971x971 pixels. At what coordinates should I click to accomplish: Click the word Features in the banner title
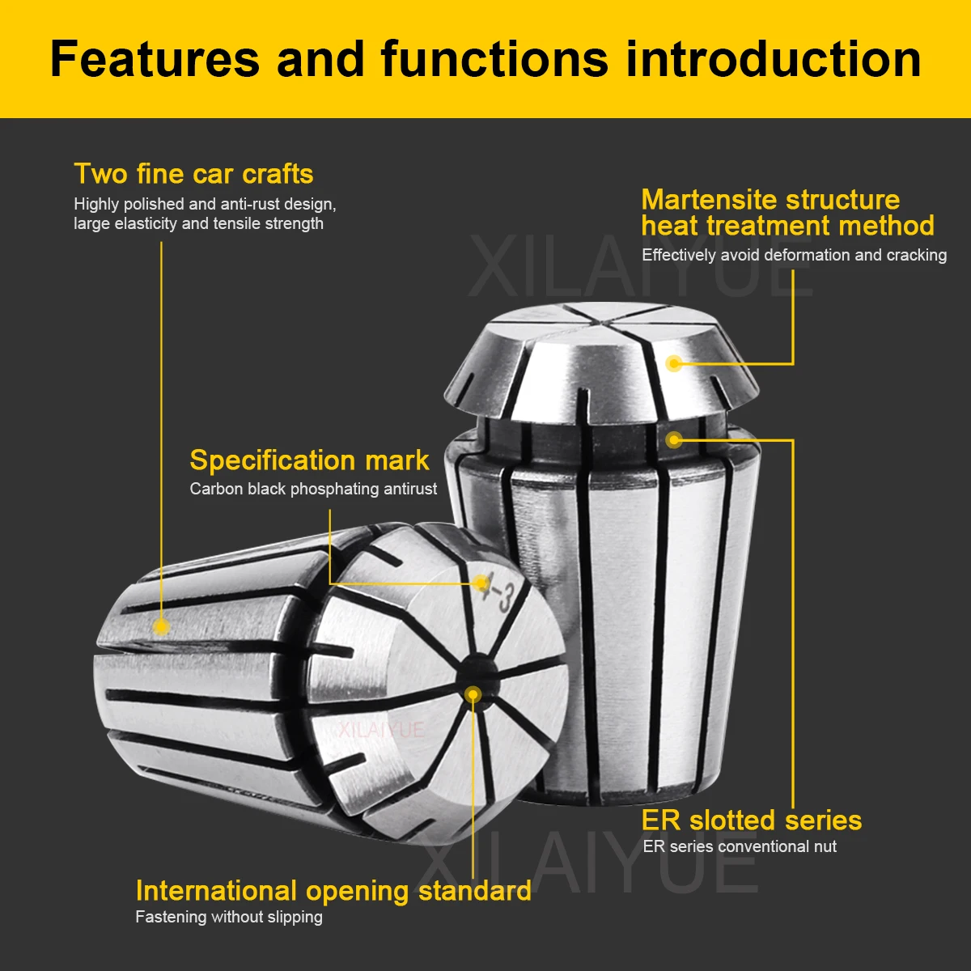click(x=154, y=59)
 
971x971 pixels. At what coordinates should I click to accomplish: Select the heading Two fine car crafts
click(x=193, y=174)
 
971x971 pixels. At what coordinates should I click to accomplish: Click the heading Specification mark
click(x=309, y=460)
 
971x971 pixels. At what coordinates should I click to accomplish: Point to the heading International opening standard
click(x=333, y=891)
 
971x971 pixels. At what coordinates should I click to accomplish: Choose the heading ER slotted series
click(x=751, y=820)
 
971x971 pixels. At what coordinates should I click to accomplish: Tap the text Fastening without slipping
click(x=229, y=918)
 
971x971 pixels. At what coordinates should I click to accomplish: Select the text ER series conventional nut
click(x=740, y=847)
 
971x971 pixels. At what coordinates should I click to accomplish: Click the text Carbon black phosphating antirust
click(x=313, y=489)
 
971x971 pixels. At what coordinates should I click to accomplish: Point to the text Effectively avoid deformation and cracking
click(x=794, y=255)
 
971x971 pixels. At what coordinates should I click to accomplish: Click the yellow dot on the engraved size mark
click(x=482, y=583)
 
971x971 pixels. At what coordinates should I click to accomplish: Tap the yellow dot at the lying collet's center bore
click(x=473, y=694)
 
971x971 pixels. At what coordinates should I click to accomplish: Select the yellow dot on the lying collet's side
click(x=161, y=625)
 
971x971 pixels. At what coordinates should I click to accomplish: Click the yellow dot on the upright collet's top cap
click(x=674, y=363)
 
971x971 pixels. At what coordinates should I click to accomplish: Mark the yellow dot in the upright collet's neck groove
click(x=674, y=439)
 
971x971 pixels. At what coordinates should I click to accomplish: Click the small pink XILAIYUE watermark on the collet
click(x=381, y=730)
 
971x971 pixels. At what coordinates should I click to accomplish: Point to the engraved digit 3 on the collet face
click(x=505, y=600)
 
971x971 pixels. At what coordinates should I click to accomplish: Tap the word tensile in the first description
click(x=239, y=224)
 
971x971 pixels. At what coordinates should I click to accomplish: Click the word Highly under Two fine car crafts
click(x=96, y=205)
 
